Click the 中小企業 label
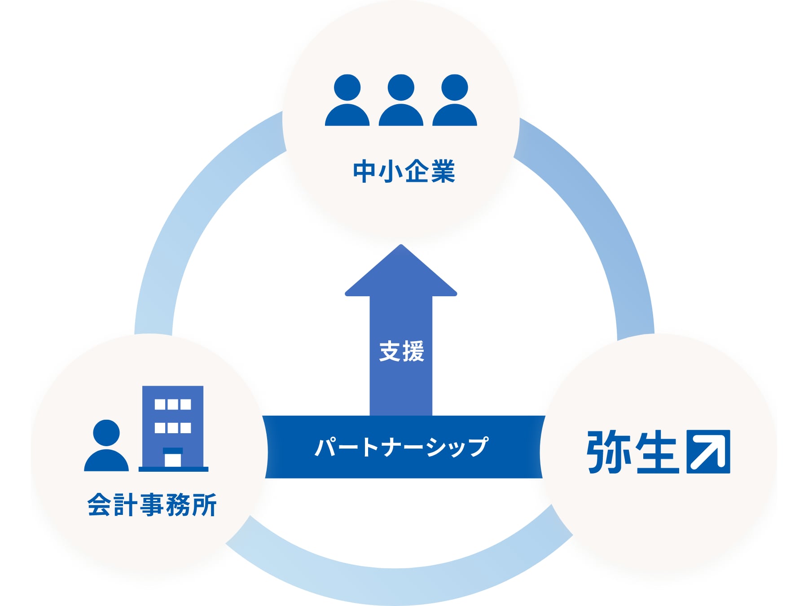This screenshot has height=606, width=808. pyautogui.click(x=404, y=171)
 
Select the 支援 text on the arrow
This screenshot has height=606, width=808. pyautogui.click(x=401, y=351)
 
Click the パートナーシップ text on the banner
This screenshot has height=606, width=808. pyautogui.click(x=402, y=447)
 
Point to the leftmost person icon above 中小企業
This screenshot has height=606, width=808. pyautogui.click(x=347, y=100)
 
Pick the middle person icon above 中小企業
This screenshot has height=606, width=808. pyautogui.click(x=401, y=100)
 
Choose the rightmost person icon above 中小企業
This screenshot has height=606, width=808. pyautogui.click(x=455, y=100)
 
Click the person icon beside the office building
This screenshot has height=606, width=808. pyautogui.click(x=106, y=445)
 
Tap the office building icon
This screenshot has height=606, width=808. pyautogui.click(x=173, y=429)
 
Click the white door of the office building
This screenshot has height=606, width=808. pyautogui.click(x=173, y=460)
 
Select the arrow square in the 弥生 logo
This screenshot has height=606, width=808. pyautogui.click(x=708, y=452)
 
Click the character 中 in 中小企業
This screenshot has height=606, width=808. pyautogui.click(x=364, y=171)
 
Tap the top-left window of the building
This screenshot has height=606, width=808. pyautogui.click(x=160, y=404)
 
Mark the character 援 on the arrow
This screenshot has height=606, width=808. pyautogui.click(x=413, y=351)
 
